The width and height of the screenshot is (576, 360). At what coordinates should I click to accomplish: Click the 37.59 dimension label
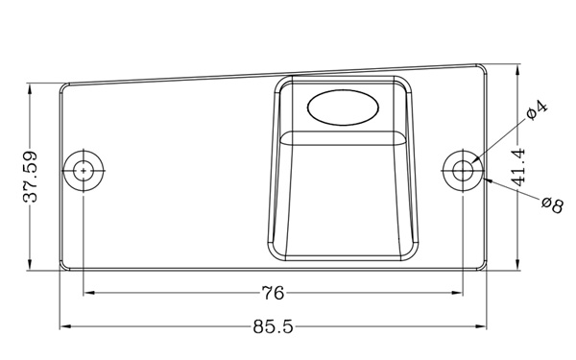[31, 177]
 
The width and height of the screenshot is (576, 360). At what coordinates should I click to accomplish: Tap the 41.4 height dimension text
[518, 167]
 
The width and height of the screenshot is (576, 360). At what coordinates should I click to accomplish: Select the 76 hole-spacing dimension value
[273, 293]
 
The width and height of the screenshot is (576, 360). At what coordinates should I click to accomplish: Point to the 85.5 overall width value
[273, 326]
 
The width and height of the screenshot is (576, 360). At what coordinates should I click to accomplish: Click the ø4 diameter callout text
[537, 109]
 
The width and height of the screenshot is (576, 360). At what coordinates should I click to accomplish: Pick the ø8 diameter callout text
[553, 204]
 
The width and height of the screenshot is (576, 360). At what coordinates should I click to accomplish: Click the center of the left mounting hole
[84, 171]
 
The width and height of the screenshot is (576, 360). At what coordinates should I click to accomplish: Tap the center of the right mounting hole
[463, 171]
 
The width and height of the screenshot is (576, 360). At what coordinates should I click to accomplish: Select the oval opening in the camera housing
[343, 108]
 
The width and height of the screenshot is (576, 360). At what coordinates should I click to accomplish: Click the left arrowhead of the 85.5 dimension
[65, 325]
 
